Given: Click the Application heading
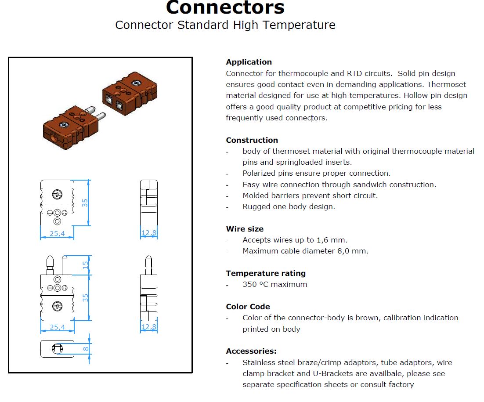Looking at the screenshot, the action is pyautogui.click(x=249, y=62).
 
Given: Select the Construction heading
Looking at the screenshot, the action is pyautogui.click(x=252, y=140).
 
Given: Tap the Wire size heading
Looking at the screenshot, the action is pyautogui.click(x=245, y=229).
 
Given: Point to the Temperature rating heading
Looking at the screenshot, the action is pyautogui.click(x=266, y=274).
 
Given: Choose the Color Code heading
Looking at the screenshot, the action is pyautogui.click(x=248, y=307).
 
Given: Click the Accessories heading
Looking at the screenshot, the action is pyautogui.click(x=251, y=351).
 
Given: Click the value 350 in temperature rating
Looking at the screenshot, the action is pyautogui.click(x=249, y=284).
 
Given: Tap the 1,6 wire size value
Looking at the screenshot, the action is pyautogui.click(x=322, y=240).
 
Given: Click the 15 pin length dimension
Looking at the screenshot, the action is pyautogui.click(x=85, y=265).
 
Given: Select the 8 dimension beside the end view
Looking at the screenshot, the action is pyautogui.click(x=86, y=349).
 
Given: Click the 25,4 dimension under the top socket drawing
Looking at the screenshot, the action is pyautogui.click(x=57, y=233).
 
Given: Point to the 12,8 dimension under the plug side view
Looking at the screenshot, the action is pyautogui.click(x=149, y=327).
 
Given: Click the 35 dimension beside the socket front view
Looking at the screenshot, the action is pyautogui.click(x=85, y=203).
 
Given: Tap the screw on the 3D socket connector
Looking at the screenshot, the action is pyautogui.click(x=136, y=83).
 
